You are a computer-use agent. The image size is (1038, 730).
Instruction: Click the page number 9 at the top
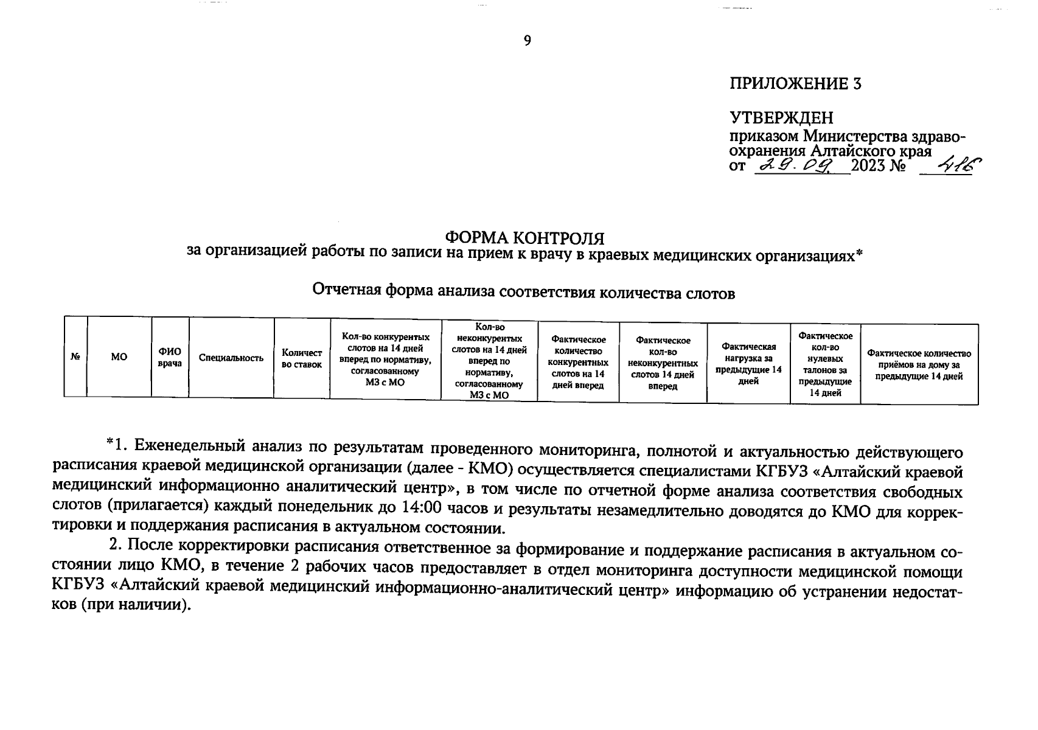(527, 41)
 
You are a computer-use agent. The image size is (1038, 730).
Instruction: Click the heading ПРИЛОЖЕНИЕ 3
(795, 84)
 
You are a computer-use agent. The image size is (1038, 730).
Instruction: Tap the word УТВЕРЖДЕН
(781, 117)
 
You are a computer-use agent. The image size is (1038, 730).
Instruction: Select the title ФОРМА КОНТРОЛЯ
(524, 237)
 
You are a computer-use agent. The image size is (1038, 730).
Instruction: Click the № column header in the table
(75, 357)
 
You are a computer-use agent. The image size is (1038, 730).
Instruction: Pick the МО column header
(119, 357)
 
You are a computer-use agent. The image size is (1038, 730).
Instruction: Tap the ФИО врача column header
(170, 357)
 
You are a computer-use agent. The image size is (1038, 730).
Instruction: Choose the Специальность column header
(231, 358)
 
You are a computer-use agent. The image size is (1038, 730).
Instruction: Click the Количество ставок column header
(302, 358)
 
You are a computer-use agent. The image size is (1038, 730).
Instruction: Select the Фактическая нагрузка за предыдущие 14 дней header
(748, 363)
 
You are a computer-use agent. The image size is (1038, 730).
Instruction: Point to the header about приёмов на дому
(919, 364)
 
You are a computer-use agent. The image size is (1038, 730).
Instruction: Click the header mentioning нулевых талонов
(824, 364)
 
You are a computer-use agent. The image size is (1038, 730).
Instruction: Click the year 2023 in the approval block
(871, 165)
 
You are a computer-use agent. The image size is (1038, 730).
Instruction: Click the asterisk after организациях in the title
(860, 252)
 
